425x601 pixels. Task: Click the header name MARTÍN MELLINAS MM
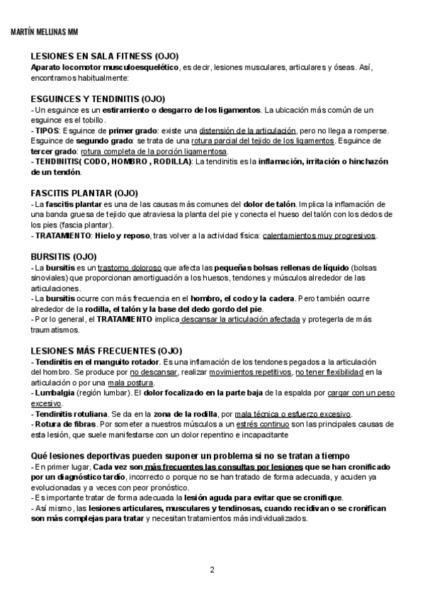[46, 32]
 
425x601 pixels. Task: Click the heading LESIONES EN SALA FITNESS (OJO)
[104, 56]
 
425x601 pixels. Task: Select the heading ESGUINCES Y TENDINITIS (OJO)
[97, 99]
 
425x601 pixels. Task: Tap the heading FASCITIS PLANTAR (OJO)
[84, 193]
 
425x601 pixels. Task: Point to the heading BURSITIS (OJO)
[64, 256]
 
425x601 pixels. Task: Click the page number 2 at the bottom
[212, 570]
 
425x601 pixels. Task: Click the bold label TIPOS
[47, 131]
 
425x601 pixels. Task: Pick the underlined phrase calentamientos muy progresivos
[319, 236]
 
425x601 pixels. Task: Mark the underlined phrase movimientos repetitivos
[251, 371]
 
